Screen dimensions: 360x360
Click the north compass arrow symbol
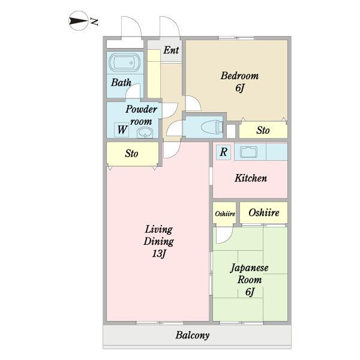(78, 21)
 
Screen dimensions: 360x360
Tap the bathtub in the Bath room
(125, 62)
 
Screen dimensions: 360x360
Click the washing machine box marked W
(121, 130)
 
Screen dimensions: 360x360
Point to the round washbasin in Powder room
(145, 133)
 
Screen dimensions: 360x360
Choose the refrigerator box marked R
(223, 152)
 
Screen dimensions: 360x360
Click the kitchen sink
(248, 152)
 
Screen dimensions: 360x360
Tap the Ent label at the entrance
(171, 50)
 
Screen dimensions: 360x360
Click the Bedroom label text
(239, 76)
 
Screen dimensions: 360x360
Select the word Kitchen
(250, 178)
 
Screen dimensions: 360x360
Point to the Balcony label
(193, 335)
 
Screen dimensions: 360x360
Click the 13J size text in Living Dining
(159, 253)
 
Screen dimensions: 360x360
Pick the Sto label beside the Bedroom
(263, 130)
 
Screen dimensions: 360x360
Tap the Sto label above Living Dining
(131, 154)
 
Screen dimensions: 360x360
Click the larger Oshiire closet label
(264, 212)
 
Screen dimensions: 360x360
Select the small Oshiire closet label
(225, 214)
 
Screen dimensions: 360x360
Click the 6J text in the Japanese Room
(250, 292)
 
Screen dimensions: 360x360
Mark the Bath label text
(121, 82)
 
